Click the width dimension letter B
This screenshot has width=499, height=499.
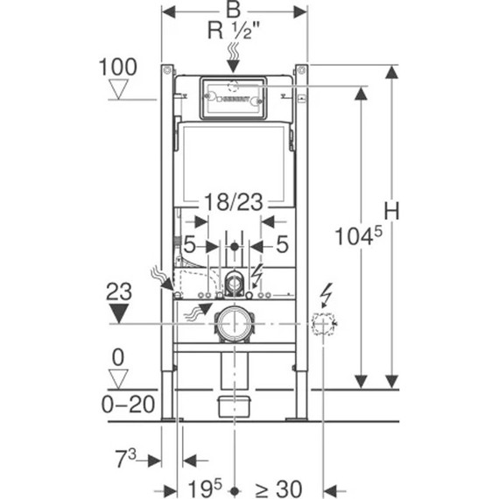tap(233, 11)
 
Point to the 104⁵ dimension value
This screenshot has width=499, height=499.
tap(358, 234)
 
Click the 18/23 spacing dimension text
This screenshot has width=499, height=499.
tap(233, 203)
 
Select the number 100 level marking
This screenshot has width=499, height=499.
tap(117, 67)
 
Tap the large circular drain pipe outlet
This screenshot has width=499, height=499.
tap(234, 324)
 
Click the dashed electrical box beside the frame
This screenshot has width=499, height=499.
tap(324, 325)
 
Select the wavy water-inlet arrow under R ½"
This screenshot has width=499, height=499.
tap(233, 58)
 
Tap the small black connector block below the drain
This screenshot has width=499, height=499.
tap(233, 404)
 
